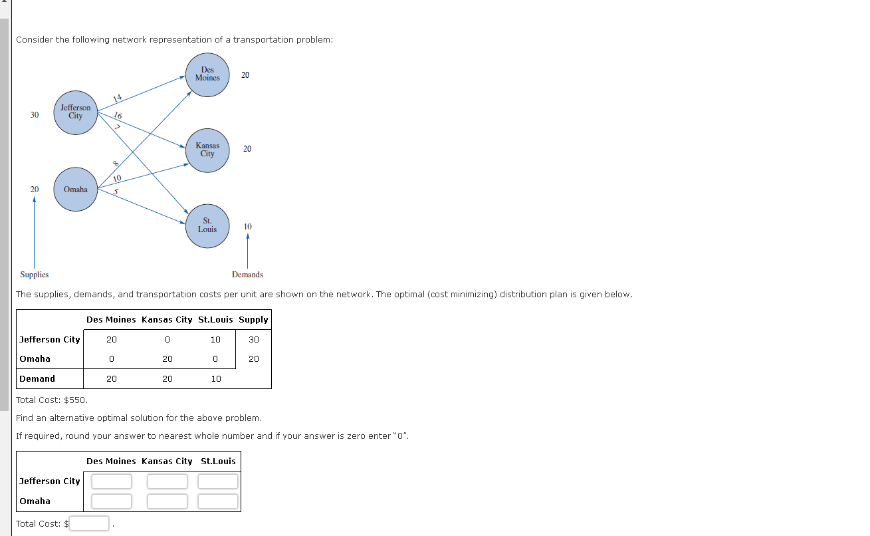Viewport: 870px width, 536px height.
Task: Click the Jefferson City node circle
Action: [76, 112]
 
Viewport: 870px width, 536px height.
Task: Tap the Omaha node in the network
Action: [76, 190]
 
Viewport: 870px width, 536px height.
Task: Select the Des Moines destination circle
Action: [207, 74]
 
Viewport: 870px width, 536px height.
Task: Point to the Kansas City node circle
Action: [207, 150]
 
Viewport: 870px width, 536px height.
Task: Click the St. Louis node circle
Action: [207, 226]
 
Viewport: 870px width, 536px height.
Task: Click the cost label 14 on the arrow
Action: [118, 98]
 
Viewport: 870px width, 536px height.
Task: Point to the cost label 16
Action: [118, 116]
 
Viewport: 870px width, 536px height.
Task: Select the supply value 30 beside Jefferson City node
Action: [35, 115]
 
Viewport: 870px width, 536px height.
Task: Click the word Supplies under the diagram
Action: [35, 275]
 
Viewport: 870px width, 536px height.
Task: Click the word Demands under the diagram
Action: [247, 275]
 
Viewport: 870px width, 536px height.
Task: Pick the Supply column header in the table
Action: [253, 320]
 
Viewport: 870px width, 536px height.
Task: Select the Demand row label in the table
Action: [37, 379]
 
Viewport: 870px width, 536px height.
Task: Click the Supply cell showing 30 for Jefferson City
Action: [254, 340]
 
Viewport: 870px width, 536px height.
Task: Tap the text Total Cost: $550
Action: [52, 400]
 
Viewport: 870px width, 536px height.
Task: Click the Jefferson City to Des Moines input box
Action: [112, 481]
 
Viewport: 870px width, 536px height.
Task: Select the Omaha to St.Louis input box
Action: [218, 501]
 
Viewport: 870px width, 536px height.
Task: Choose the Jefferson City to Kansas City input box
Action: [167, 481]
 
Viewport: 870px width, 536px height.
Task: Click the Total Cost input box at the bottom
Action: [90, 524]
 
